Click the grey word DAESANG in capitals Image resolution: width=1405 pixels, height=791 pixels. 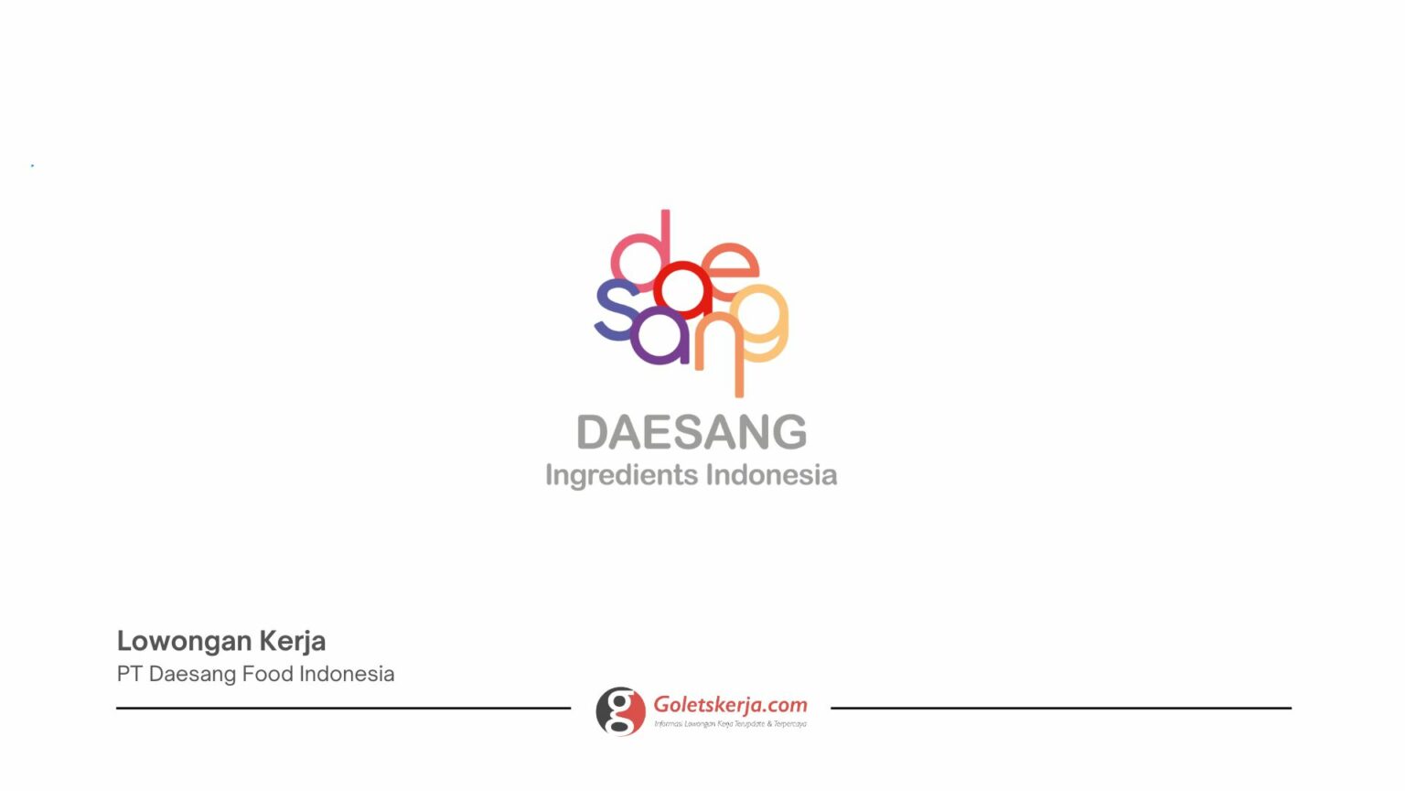pos(692,432)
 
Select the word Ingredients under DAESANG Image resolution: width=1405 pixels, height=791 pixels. pos(621,475)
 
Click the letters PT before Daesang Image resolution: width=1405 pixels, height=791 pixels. pos(129,674)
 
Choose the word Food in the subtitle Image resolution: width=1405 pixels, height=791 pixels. pos(267,674)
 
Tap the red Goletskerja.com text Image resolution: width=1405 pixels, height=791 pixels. pos(730,705)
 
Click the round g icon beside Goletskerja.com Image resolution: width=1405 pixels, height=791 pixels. pos(620,711)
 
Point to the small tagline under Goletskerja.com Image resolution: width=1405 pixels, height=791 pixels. pos(730,724)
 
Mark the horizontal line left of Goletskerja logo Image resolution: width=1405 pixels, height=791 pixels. pos(343,708)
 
